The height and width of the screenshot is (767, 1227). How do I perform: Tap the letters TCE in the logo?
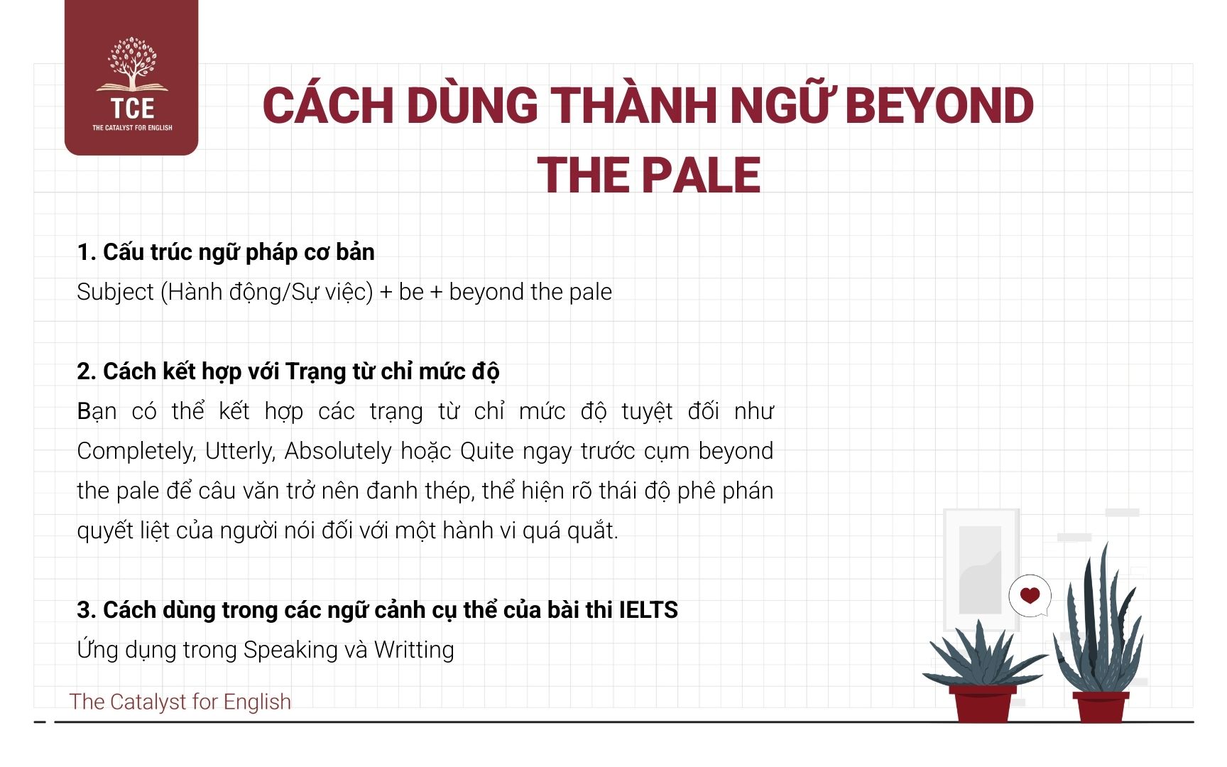[x=132, y=109]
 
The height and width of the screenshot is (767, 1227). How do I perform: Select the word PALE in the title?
[x=701, y=175]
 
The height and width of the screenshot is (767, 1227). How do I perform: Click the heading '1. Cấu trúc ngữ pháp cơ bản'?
[x=226, y=252]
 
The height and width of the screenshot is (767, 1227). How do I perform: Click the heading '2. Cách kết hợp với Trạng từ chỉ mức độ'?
[x=288, y=371]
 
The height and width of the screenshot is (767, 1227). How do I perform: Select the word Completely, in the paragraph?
[x=135, y=451]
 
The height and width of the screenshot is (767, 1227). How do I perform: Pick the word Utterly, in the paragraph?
[x=239, y=451]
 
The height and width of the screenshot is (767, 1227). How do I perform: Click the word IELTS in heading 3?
[x=648, y=610]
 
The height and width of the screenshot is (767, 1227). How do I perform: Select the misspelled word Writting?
[x=414, y=650]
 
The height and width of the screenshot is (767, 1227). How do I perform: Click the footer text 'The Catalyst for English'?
[x=180, y=702]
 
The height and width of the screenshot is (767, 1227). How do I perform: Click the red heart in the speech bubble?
[x=1030, y=595]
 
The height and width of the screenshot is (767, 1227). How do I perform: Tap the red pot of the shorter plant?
[x=983, y=703]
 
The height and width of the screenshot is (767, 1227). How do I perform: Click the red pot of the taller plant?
[x=1101, y=707]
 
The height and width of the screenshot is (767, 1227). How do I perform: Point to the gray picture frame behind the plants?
[x=980, y=568]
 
